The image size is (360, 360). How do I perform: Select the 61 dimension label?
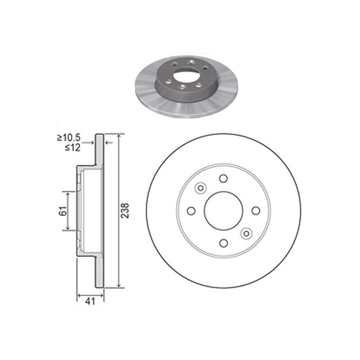[63, 211]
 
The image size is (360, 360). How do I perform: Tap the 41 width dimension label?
[90, 301]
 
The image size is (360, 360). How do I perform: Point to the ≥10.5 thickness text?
[69, 138]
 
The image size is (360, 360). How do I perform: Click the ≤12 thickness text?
[73, 148]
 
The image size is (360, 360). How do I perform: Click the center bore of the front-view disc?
[223, 211]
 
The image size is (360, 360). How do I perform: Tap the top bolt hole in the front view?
[223, 178]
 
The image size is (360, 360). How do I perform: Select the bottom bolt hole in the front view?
[223, 243]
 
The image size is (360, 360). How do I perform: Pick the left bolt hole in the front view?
[191, 211]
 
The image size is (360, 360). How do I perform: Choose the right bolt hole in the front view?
[256, 211]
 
